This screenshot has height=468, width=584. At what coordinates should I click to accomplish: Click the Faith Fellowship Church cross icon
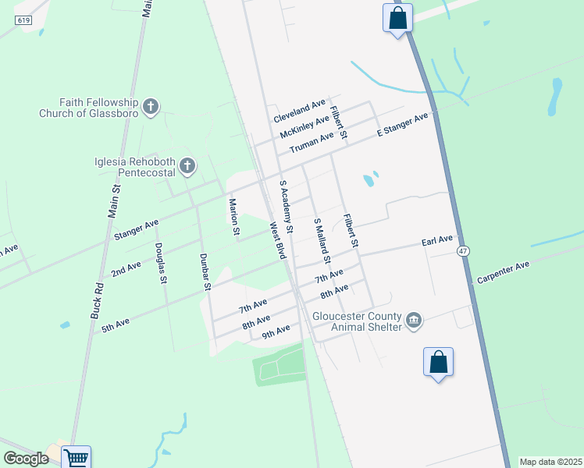pyautogui.click(x=151, y=105)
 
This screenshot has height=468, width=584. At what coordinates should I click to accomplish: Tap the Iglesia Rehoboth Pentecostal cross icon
pyautogui.click(x=187, y=165)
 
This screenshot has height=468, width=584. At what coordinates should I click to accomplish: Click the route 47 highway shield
pyautogui.click(x=463, y=250)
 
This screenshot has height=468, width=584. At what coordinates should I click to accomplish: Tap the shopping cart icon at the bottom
pyautogui.click(x=76, y=458)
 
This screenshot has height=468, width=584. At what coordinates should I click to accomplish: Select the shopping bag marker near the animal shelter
pyautogui.click(x=438, y=362)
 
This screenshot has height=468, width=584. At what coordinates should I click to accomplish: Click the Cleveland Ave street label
pyautogui.click(x=299, y=111)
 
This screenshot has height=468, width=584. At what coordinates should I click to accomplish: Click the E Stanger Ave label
pyautogui.click(x=403, y=124)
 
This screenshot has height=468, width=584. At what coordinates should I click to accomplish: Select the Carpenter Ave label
pyautogui.click(x=504, y=272)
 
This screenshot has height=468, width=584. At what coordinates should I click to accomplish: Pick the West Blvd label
pyautogui.click(x=278, y=241)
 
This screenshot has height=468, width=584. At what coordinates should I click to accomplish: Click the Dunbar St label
pyautogui.click(x=205, y=271)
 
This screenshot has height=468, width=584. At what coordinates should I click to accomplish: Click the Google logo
pyautogui.click(x=25, y=459)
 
